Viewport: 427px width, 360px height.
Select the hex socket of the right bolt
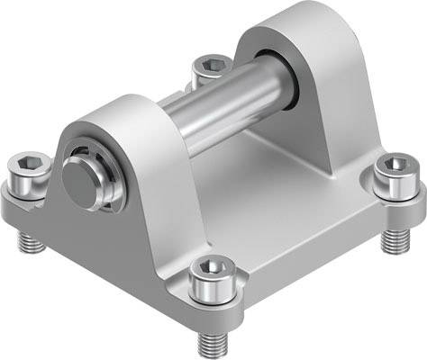393,166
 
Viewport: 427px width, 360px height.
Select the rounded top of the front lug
126,112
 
